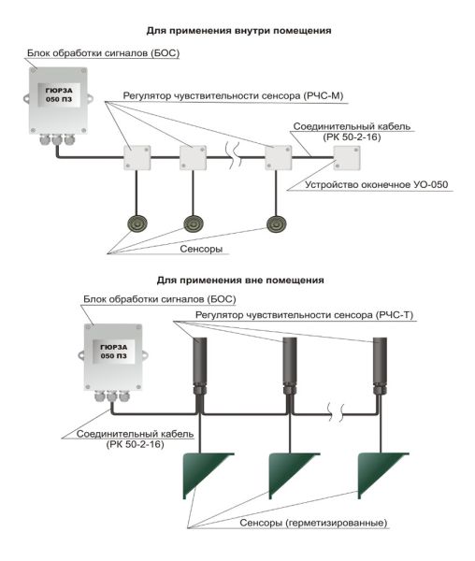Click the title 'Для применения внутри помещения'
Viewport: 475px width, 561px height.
[238, 31]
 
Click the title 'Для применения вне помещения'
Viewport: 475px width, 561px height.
[240, 280]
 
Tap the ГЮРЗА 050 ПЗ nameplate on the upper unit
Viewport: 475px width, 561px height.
[59, 94]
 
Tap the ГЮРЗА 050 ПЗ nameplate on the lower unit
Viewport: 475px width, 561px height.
[114, 352]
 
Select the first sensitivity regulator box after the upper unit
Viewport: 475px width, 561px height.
[137, 157]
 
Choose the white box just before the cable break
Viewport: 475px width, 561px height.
[193, 157]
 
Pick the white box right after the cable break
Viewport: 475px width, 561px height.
[278, 157]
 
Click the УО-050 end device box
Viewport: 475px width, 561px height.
[347, 158]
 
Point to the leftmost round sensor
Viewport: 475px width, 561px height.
[137, 224]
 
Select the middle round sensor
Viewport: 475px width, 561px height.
[194, 224]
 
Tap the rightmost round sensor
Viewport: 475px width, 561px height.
[277, 224]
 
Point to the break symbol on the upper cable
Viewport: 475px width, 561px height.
[234, 155]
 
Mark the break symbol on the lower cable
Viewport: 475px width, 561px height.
[337, 412]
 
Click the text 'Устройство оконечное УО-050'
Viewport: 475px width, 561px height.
[376, 185]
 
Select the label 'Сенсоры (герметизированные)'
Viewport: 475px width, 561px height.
[313, 523]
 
